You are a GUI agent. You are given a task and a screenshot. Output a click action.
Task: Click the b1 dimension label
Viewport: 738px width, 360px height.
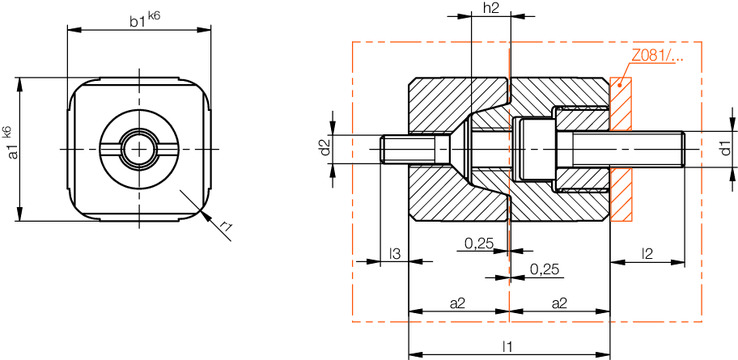click(138, 20)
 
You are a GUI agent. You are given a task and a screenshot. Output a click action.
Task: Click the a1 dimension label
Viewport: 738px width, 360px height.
click(13, 151)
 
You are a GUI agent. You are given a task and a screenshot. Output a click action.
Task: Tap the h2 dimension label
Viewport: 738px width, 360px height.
click(491, 8)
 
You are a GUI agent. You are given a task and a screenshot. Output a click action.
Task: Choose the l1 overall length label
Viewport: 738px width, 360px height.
click(507, 346)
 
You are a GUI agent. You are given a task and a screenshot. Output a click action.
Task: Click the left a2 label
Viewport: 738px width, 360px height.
click(457, 304)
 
